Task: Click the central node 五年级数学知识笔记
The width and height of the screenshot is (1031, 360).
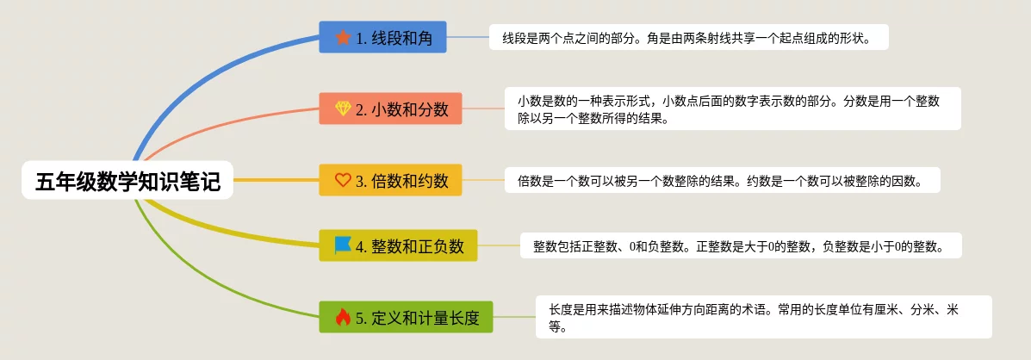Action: (x=127, y=180)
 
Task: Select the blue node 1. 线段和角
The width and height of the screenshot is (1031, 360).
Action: (x=382, y=37)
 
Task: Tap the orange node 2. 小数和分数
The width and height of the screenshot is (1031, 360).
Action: (x=390, y=109)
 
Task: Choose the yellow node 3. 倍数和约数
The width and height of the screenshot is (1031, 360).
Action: (x=390, y=179)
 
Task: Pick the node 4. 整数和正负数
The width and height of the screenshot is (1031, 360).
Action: (x=398, y=245)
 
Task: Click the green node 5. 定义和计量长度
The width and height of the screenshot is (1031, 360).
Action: (x=406, y=317)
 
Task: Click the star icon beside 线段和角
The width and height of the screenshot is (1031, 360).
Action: (x=343, y=37)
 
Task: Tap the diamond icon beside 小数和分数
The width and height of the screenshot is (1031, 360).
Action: (x=343, y=109)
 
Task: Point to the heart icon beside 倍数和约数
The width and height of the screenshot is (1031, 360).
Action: (x=343, y=179)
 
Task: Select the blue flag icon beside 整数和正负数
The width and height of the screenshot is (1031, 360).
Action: (x=343, y=245)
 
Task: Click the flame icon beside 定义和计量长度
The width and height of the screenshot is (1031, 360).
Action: (x=343, y=317)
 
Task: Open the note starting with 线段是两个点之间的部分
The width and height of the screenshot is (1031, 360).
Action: (x=688, y=37)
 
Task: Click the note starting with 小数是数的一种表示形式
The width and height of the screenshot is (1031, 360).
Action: (x=733, y=109)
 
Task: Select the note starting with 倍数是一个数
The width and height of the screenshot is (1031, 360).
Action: (x=723, y=179)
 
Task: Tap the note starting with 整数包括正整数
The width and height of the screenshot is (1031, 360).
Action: (x=741, y=245)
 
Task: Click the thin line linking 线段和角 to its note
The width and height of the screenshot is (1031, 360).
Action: (x=469, y=37)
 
